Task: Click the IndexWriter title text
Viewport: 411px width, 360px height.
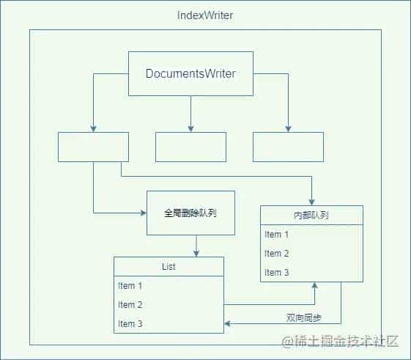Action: pos(205,15)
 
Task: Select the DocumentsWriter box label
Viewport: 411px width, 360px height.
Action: pos(190,73)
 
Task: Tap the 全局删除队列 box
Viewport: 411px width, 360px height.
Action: pos(190,213)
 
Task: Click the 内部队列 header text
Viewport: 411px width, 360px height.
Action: pos(311,216)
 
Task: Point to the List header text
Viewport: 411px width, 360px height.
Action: pos(169,267)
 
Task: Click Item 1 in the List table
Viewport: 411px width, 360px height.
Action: pos(130,286)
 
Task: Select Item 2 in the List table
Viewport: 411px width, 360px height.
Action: pos(130,305)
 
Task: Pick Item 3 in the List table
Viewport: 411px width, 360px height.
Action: pos(130,324)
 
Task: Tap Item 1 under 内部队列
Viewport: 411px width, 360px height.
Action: pos(276,235)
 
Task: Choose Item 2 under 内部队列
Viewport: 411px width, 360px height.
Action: pos(276,254)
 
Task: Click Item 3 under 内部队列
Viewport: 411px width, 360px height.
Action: pos(276,273)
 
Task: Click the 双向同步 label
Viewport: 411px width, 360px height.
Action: pos(304,318)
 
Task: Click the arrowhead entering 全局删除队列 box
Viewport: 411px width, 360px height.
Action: pos(144,213)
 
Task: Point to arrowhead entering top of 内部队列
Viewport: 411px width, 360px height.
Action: pos(311,202)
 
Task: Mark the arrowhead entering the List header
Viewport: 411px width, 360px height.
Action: pos(196,254)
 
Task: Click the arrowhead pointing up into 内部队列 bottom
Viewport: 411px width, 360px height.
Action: pos(315,285)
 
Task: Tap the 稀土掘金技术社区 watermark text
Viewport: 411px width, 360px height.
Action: pos(340,341)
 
